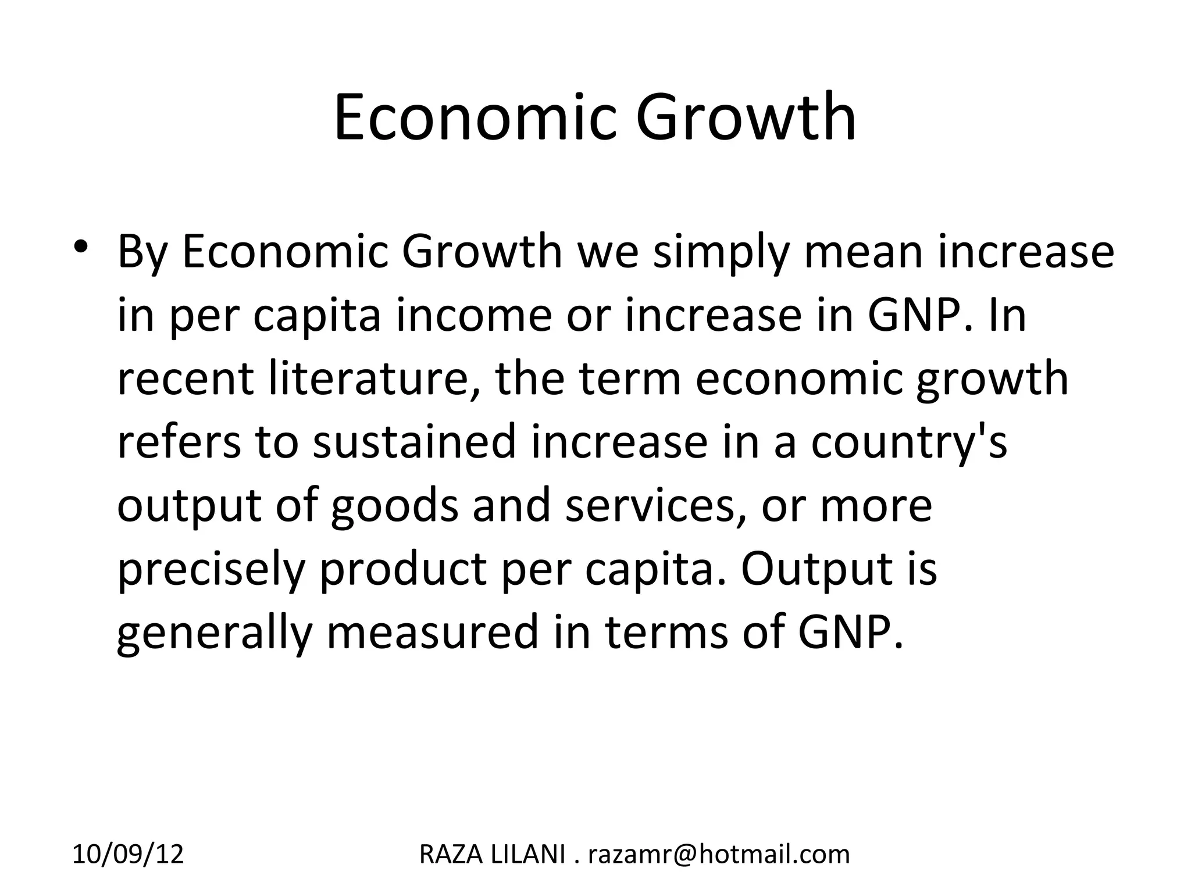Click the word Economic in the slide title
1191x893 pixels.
(x=474, y=117)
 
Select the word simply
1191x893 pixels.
(x=720, y=253)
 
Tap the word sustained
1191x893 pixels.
(x=415, y=442)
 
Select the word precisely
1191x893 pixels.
(x=211, y=569)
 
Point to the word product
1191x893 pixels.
(x=403, y=569)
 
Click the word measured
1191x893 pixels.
(x=433, y=633)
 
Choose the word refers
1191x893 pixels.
(x=179, y=442)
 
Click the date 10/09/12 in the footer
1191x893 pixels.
(x=128, y=854)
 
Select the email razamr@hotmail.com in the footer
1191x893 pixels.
(x=719, y=854)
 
